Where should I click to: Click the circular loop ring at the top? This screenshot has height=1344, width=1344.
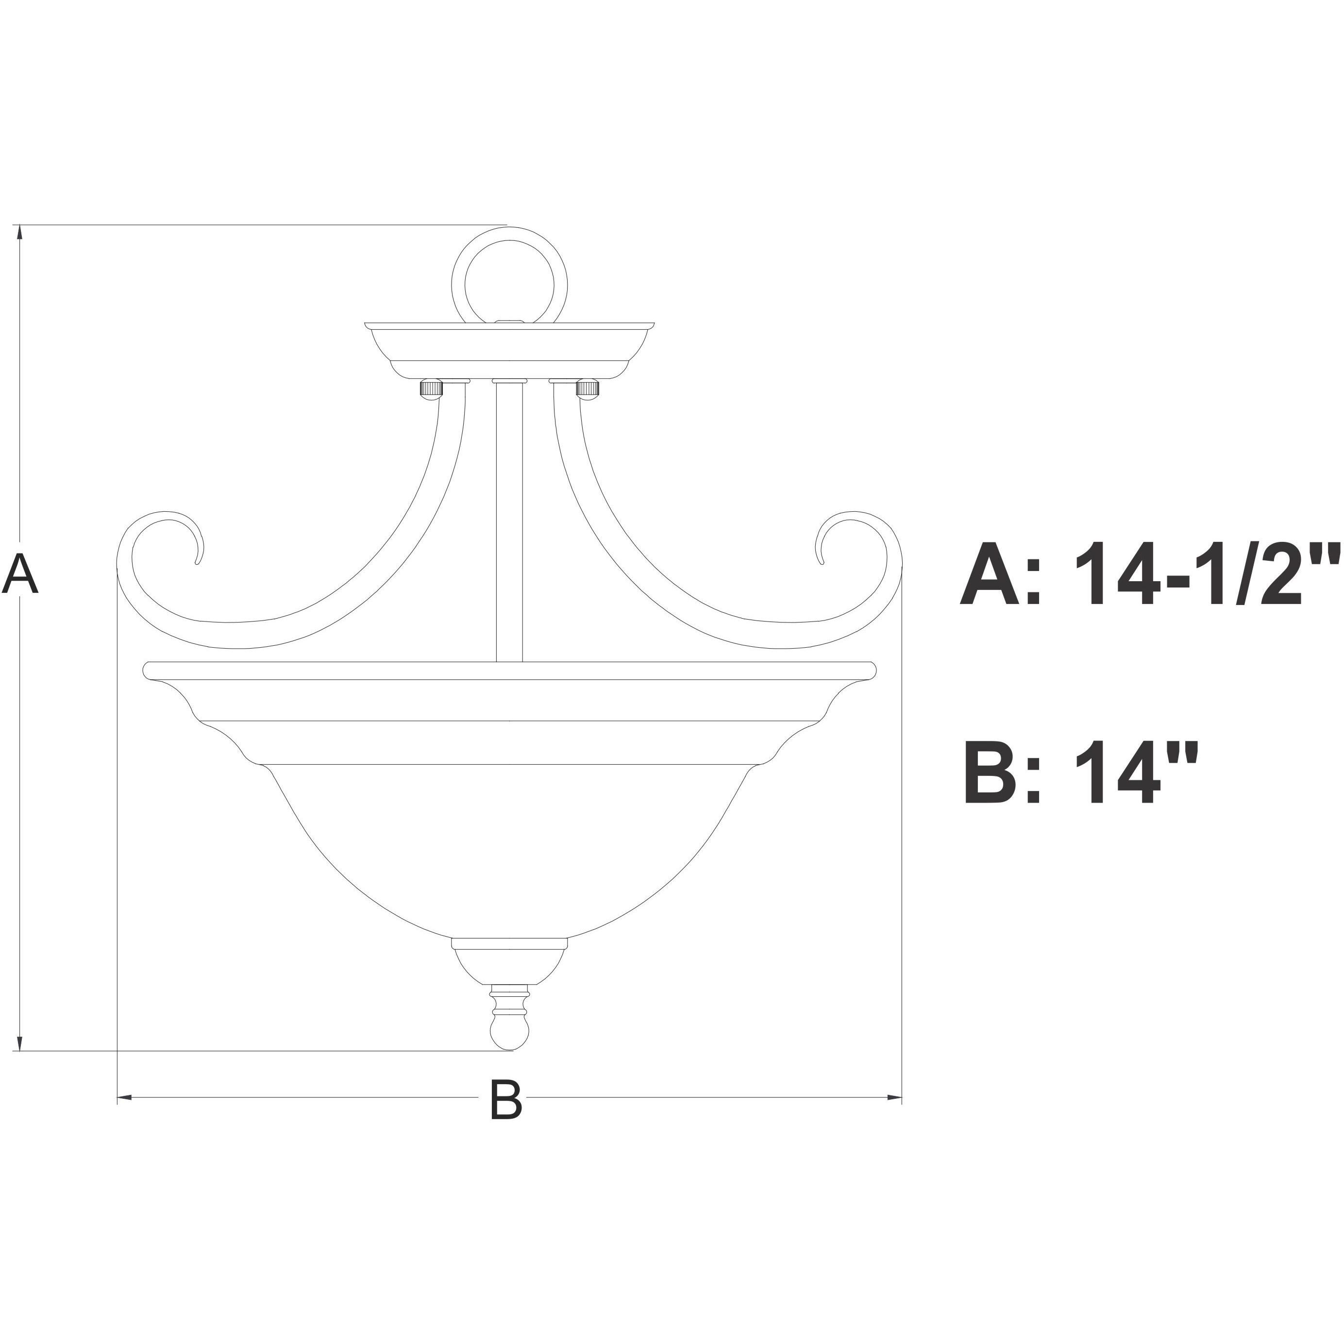point(510,278)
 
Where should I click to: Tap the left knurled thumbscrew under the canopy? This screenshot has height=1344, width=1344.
point(430,388)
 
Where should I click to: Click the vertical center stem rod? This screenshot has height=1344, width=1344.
point(509,522)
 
